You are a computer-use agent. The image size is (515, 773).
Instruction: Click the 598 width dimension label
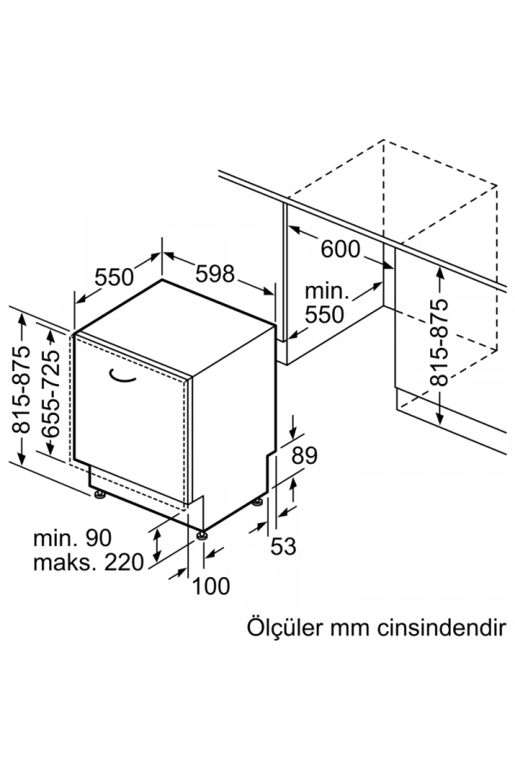215,274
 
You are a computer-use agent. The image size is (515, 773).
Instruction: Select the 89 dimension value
305,456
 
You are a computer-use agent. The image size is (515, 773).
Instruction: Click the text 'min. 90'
73,539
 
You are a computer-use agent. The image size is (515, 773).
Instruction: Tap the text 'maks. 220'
88,563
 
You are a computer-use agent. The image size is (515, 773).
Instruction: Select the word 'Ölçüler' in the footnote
279,624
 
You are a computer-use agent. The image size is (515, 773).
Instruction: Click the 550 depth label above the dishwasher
114,277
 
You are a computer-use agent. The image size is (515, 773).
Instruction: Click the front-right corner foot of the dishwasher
203,534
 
